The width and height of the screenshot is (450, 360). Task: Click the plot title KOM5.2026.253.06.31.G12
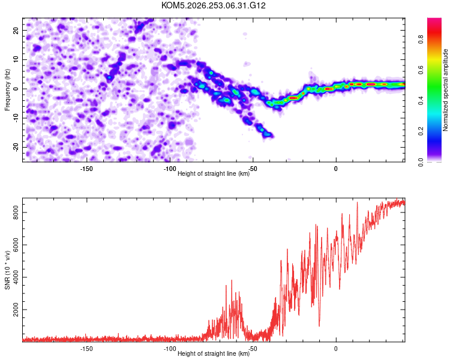[x=213, y=5]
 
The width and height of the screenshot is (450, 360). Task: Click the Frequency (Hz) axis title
[x=7, y=90]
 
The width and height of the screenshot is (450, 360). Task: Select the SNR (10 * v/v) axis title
[x=7, y=270]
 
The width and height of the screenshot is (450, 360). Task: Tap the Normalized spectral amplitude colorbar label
[x=445, y=90]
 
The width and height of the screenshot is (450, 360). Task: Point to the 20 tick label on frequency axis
[x=16, y=31]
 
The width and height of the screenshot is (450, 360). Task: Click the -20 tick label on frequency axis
[x=16, y=148]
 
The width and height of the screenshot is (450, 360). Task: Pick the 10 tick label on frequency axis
[x=16, y=60]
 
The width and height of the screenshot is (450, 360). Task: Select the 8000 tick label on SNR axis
[x=16, y=212]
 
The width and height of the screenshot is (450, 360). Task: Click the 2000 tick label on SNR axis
[x=16, y=310]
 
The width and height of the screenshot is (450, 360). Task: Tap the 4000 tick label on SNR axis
[x=16, y=277]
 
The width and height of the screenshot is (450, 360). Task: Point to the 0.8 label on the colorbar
[x=421, y=39]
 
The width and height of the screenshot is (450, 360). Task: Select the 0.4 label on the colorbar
[x=421, y=100]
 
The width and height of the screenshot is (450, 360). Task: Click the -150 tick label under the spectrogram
[x=86, y=169]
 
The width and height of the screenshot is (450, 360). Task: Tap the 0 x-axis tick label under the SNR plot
[x=336, y=349]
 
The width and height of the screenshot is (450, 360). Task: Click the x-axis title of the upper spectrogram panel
[x=214, y=173]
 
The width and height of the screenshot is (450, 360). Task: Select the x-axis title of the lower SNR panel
[x=214, y=353]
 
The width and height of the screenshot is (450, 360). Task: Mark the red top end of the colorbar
[x=434, y=19]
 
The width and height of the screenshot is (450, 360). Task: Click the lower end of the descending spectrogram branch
[x=271, y=136]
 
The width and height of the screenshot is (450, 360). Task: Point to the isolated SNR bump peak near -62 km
[x=232, y=280]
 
